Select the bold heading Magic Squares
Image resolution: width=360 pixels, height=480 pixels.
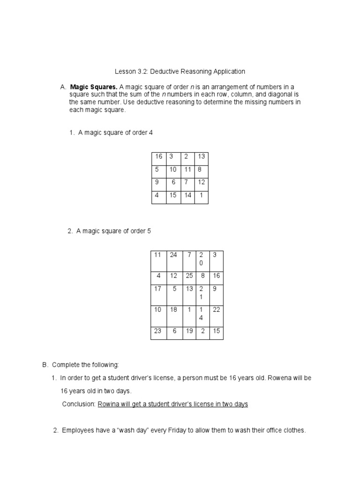pos(94,87)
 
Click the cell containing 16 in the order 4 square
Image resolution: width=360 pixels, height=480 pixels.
pos(158,158)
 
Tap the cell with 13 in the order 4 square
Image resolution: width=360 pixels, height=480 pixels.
pos(201,158)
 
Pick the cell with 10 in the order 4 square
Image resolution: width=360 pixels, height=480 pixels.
pos(173,171)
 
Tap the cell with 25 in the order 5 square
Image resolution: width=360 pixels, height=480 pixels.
pos(190,278)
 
